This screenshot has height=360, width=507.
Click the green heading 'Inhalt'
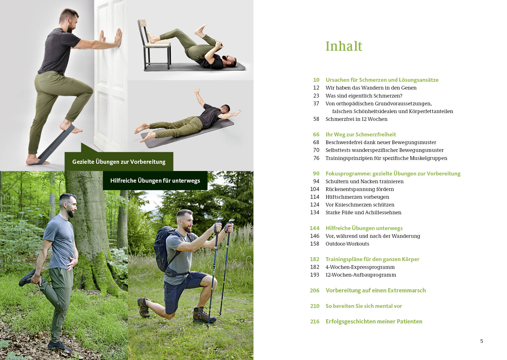click(x=344, y=46)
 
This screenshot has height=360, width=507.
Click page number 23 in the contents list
click(x=316, y=96)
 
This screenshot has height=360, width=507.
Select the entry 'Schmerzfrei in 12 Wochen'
click(x=356, y=119)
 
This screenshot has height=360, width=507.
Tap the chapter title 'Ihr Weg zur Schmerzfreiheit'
click(x=361, y=134)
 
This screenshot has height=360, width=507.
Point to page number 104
click(x=315, y=189)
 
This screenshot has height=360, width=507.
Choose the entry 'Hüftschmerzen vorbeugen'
click(x=357, y=197)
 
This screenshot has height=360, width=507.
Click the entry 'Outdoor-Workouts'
click(x=347, y=244)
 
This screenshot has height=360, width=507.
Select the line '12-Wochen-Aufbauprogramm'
click(x=361, y=275)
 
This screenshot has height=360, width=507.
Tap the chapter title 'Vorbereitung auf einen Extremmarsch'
click(x=375, y=290)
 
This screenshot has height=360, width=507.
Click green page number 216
click(x=315, y=321)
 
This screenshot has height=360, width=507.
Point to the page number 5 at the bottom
click(x=482, y=341)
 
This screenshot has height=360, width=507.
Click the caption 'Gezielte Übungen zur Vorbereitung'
click(x=119, y=162)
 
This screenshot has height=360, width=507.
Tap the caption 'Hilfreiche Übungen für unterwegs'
click(x=155, y=180)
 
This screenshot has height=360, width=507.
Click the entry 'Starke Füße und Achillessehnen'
click(x=363, y=212)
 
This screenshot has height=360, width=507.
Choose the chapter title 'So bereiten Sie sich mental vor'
click(x=364, y=306)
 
